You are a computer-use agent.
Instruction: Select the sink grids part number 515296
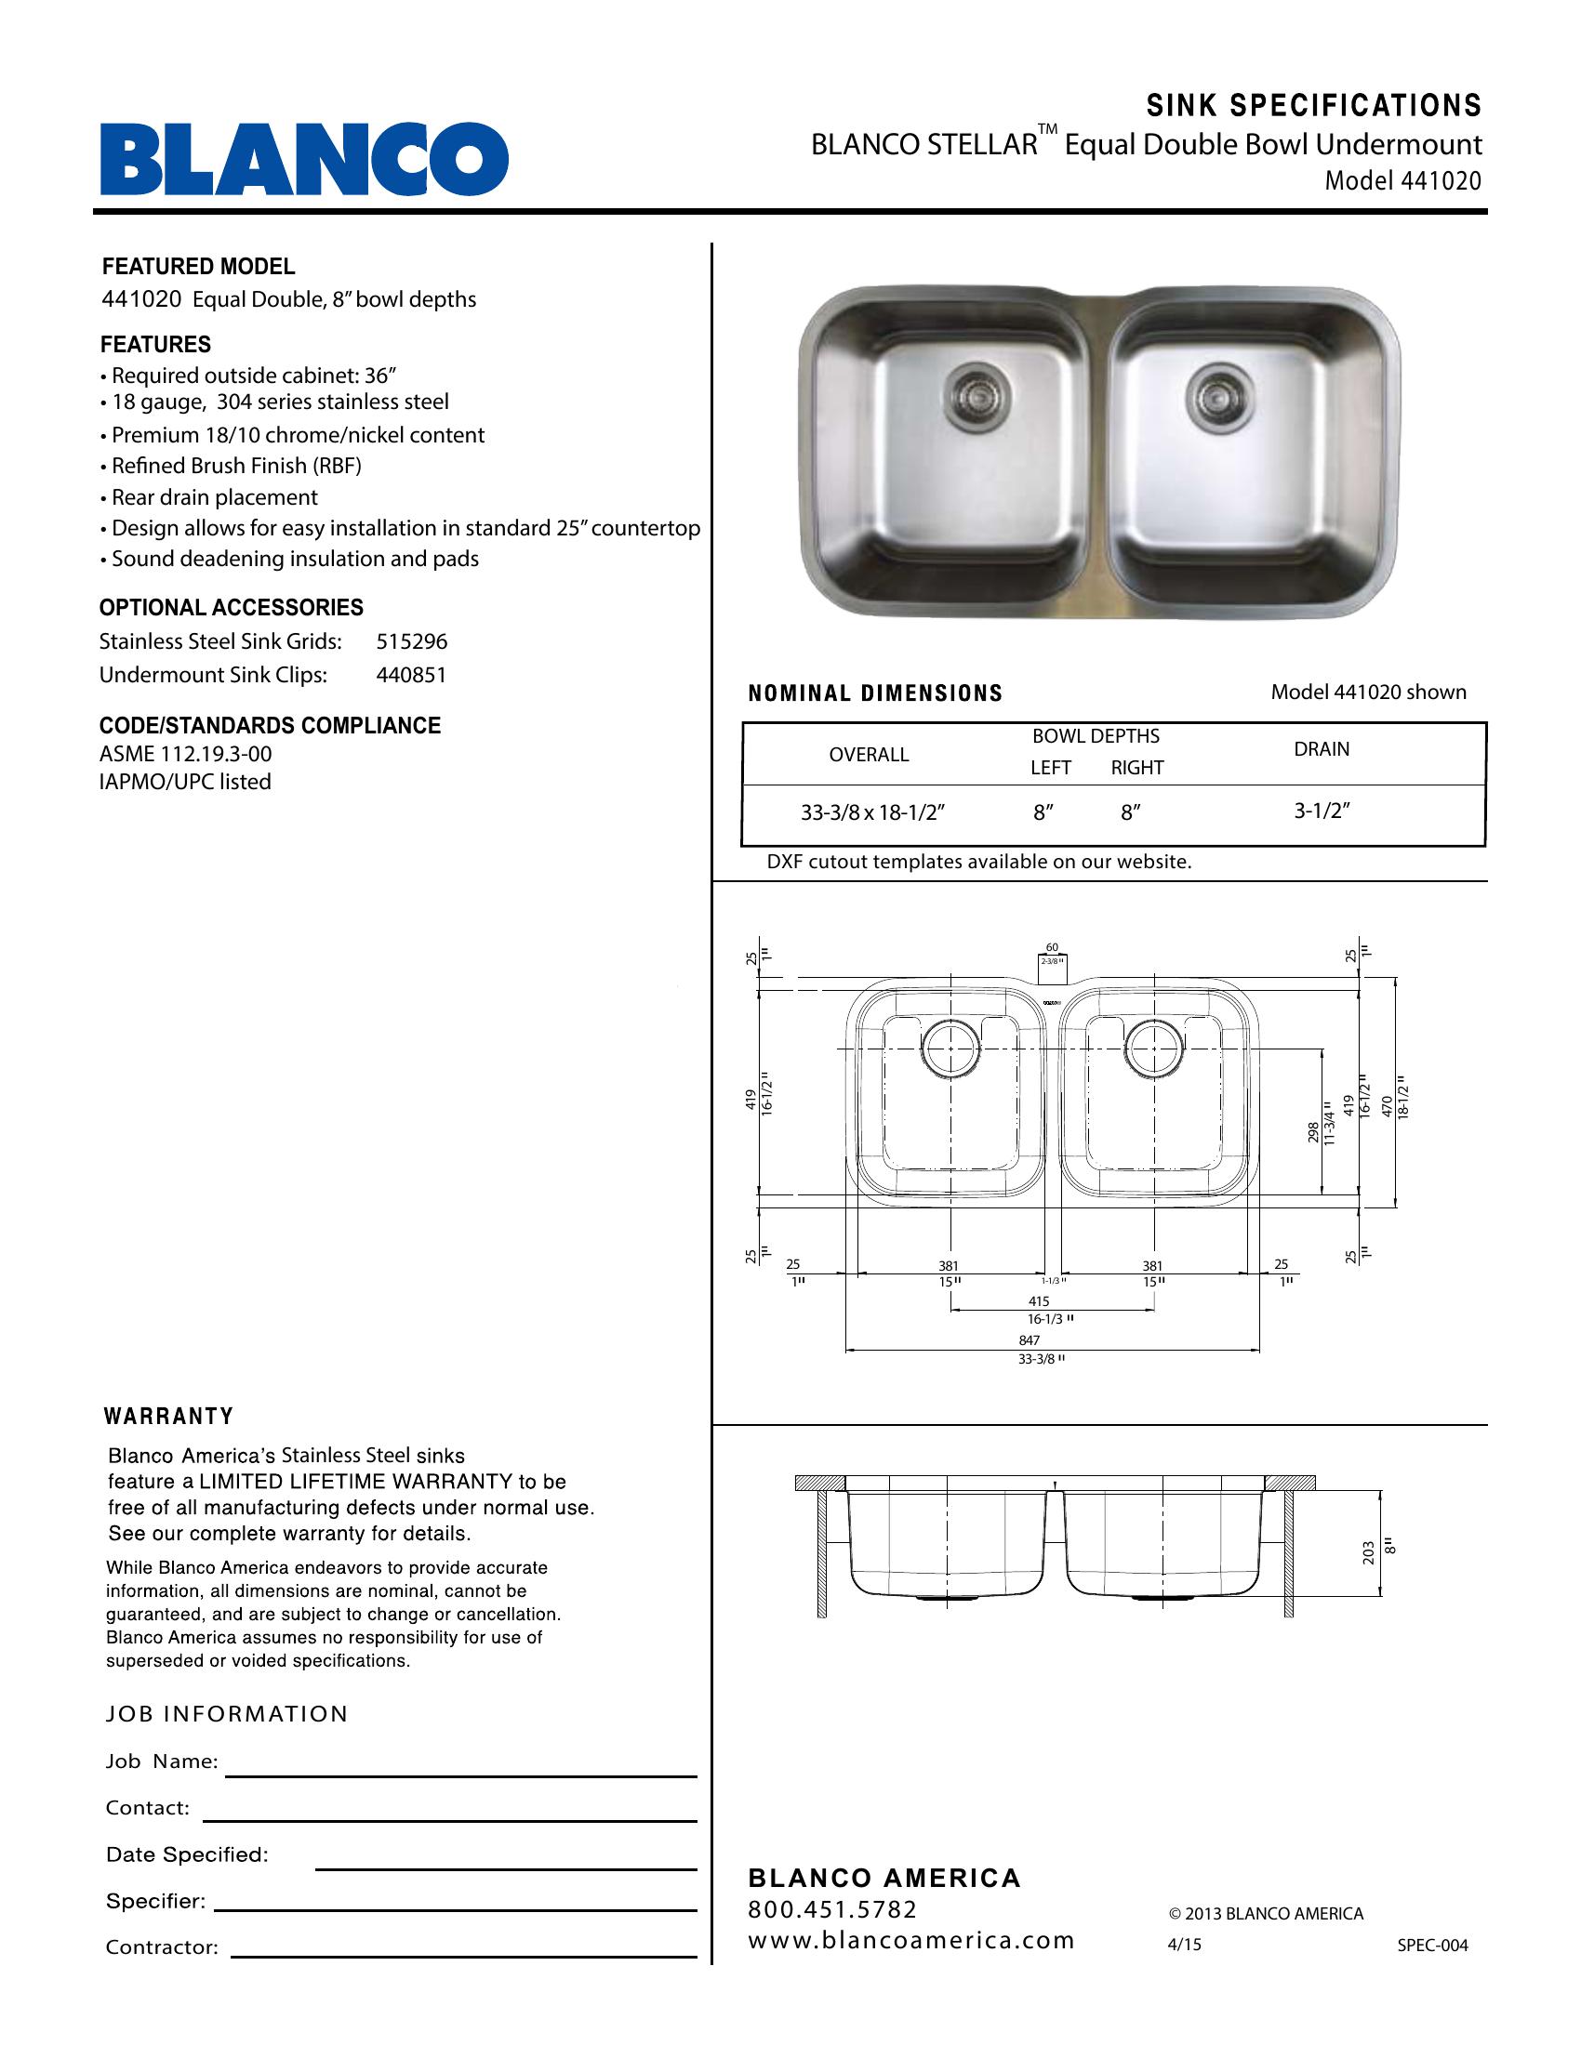tap(412, 641)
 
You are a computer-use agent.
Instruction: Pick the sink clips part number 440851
tap(411, 675)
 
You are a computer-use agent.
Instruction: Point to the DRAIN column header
tap(1322, 749)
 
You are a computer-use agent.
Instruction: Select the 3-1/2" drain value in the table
tap(1322, 811)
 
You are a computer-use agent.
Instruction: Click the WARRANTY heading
tap(168, 1417)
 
